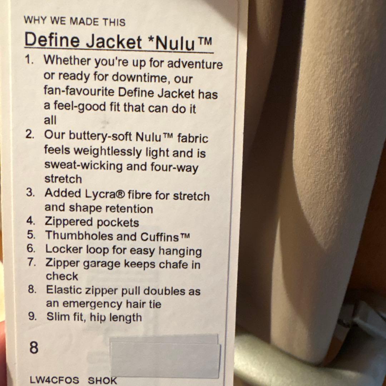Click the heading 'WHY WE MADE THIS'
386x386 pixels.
pos(74,21)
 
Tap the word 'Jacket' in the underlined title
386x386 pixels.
pos(114,42)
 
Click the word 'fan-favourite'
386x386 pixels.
pos(79,92)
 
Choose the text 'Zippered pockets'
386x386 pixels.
pos(92,222)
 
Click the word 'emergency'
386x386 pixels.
pos(92,304)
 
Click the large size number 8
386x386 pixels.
pos(34,347)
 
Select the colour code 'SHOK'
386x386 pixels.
pos(103,380)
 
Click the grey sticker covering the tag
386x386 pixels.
pos(165,356)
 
